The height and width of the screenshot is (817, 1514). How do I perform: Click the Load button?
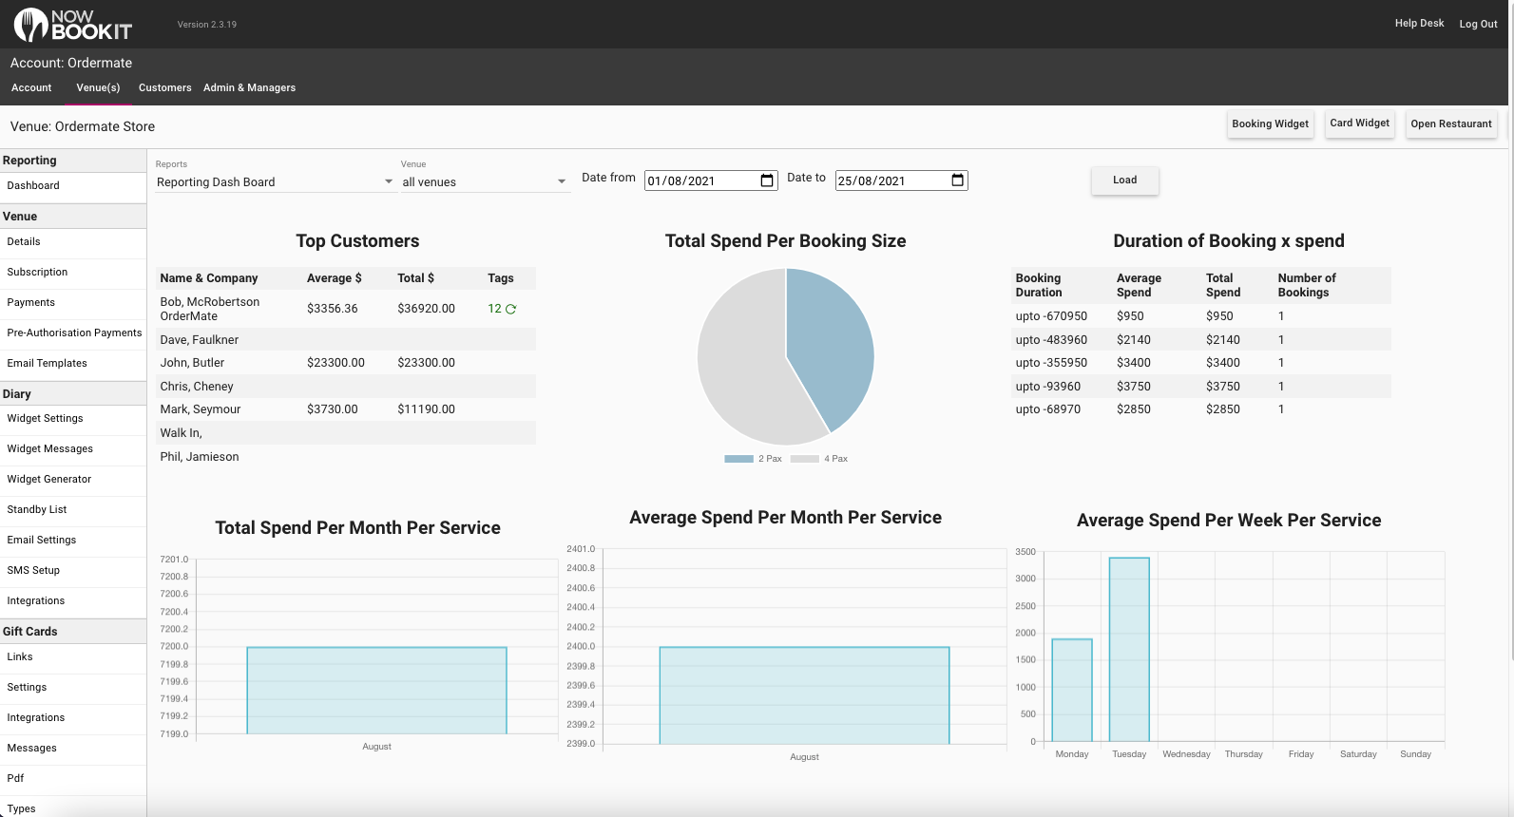tap(1124, 180)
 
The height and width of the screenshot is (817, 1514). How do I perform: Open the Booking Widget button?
tap(1270, 124)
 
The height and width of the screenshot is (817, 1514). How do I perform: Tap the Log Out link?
tap(1478, 24)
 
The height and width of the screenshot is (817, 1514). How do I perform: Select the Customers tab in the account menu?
tap(165, 87)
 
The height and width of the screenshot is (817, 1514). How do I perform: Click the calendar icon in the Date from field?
tap(766, 180)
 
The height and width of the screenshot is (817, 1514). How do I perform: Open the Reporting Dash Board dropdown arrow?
tap(388, 181)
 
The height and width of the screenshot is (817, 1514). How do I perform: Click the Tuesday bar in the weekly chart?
tap(1129, 650)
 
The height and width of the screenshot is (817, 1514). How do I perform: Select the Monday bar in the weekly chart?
tap(1072, 690)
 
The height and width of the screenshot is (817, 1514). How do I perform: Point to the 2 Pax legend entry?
tap(753, 459)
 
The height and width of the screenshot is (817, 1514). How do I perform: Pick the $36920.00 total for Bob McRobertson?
tap(426, 309)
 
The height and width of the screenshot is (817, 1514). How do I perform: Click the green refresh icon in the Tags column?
tap(511, 310)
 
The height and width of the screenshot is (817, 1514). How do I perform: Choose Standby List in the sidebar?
tap(36, 509)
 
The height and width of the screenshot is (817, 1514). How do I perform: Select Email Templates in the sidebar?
tap(47, 364)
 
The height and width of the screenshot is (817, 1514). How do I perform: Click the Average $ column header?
tap(334, 278)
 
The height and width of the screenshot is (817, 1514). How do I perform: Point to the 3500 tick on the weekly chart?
tap(1025, 552)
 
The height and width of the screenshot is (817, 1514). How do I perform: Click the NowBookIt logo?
tap(73, 25)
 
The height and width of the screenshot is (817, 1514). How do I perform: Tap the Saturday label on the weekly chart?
tap(1358, 754)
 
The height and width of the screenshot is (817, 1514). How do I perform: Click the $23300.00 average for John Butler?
tap(335, 363)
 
